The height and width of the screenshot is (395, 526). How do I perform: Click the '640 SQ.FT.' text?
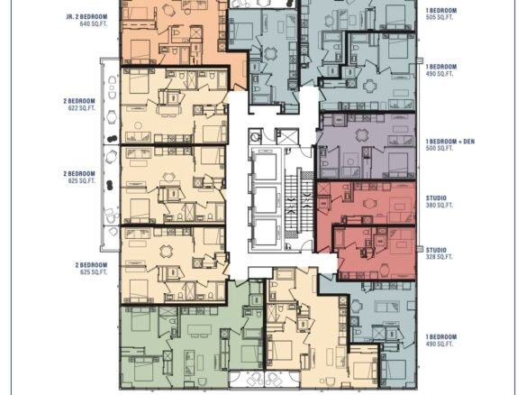94,24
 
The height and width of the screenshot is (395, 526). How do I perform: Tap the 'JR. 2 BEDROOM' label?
86,17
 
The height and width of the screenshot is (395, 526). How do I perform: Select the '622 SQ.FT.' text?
82,108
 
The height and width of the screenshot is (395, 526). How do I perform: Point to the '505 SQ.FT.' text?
440,17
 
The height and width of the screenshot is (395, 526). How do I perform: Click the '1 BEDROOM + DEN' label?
450,142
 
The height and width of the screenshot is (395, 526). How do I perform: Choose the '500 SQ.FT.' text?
440,149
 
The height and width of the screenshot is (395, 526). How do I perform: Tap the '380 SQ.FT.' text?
440,206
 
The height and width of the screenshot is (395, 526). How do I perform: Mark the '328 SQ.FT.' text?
440,257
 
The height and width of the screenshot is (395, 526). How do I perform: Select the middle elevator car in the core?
266,200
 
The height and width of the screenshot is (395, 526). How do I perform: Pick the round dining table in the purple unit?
362,135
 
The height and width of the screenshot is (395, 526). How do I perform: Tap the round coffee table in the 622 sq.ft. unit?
138,126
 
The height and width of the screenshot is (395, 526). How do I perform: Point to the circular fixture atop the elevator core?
256,136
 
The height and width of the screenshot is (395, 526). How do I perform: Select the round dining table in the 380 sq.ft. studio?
369,203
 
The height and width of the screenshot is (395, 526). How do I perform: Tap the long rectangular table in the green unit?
199,330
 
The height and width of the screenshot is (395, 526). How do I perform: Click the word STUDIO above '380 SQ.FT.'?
436,198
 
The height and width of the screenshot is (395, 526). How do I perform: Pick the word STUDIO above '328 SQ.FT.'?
436,250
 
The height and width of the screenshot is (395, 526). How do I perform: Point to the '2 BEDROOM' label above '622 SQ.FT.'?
79,101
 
